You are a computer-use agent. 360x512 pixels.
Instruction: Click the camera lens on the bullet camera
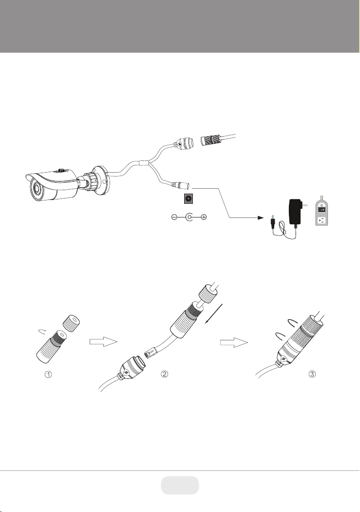click(37, 190)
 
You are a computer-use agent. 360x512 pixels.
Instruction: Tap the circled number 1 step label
click(48, 374)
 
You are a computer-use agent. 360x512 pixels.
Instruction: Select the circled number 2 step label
click(165, 374)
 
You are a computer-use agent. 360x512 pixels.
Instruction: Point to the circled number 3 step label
click(312, 374)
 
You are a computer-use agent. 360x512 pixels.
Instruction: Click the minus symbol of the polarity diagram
click(174, 217)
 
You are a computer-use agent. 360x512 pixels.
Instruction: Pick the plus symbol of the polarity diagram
click(204, 217)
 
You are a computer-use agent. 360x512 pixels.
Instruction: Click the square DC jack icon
click(188, 199)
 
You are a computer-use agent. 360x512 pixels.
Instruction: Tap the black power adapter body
click(295, 212)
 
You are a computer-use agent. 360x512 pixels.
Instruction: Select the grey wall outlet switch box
click(322, 213)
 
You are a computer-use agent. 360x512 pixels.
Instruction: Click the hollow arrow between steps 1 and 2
click(103, 342)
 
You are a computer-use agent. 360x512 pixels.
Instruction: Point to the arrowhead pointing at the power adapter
click(260, 217)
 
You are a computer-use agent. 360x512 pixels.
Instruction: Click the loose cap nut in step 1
click(71, 323)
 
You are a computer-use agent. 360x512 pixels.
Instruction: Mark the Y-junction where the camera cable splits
click(149, 162)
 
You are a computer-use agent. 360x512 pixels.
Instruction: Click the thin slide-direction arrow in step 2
click(213, 314)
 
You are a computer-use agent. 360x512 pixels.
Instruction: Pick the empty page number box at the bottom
click(180, 485)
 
